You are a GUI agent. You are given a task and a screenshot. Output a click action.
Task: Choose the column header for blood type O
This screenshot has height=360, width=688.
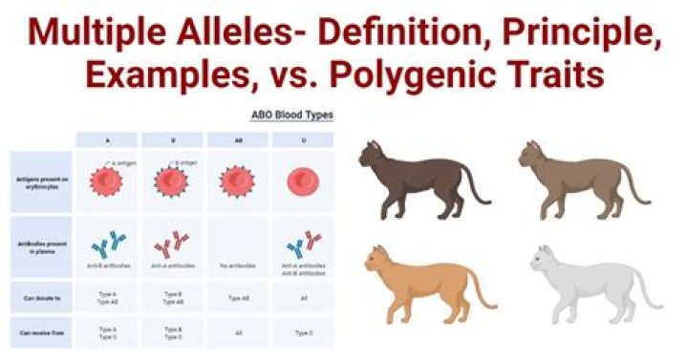click(x=303, y=139)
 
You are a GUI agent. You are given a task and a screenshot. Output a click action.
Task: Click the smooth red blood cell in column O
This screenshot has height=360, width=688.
click(x=303, y=180)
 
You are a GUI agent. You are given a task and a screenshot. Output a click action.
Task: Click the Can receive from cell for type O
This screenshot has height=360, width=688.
click(x=303, y=332)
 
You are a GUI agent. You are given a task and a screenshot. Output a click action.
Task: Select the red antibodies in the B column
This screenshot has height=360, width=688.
click(x=173, y=244)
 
